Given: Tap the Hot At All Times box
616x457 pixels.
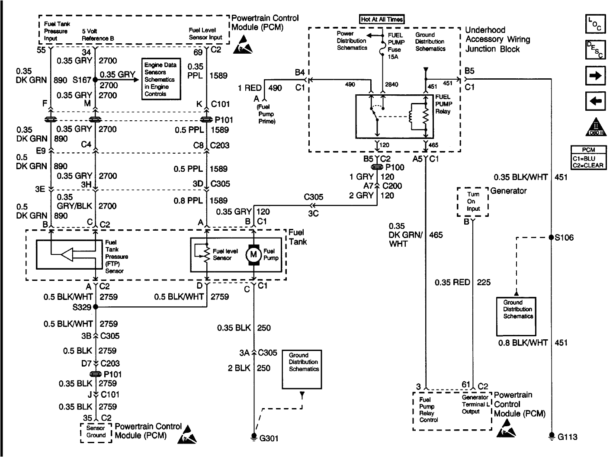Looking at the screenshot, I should (382, 19).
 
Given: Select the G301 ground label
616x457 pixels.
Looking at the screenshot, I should (268, 438).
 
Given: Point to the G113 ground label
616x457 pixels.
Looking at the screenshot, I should (567, 437).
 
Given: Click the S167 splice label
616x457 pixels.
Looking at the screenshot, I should (81, 80).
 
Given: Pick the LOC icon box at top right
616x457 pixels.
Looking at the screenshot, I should (595, 25).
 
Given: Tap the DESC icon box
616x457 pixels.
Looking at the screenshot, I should (595, 50).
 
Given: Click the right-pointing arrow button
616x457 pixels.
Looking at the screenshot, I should (595, 76).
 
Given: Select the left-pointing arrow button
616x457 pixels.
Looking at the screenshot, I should (595, 101).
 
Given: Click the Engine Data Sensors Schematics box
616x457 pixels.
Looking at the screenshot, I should (161, 79).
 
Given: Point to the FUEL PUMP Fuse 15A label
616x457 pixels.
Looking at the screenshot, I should (396, 42).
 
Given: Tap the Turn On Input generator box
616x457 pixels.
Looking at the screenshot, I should (473, 202).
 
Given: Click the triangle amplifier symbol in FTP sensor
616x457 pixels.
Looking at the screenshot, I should (67, 255).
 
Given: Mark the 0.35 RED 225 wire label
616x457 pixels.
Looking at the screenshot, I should (462, 283).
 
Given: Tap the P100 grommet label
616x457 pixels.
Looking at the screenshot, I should (395, 167).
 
